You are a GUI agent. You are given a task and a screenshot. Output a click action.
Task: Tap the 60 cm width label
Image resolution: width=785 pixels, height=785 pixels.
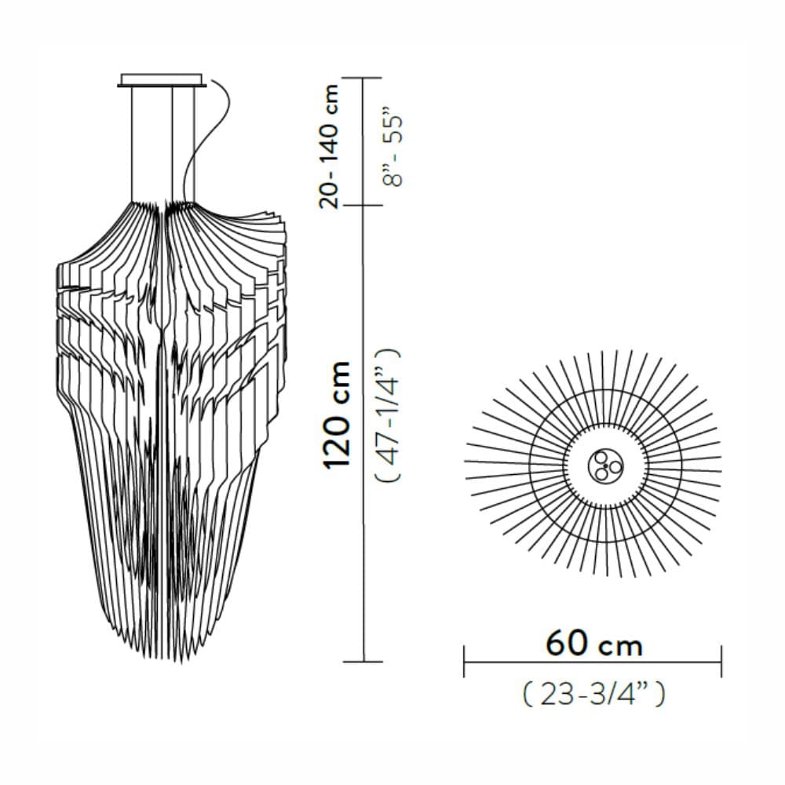[x=594, y=644]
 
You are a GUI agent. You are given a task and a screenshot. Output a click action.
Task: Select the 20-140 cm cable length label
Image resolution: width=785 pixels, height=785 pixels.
[x=329, y=146]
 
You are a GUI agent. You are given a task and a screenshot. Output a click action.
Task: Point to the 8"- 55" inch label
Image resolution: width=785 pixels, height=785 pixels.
[x=392, y=152]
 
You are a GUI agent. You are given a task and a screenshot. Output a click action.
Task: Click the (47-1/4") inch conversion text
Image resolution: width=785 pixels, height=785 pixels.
[x=388, y=415]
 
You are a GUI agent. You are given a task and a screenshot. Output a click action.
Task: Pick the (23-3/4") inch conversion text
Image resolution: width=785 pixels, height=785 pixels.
[x=593, y=695]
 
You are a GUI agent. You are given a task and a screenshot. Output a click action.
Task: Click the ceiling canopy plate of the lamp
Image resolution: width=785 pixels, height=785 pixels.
[x=162, y=80]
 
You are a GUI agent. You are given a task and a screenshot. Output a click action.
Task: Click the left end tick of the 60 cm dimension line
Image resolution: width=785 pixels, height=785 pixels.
[x=464, y=661]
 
